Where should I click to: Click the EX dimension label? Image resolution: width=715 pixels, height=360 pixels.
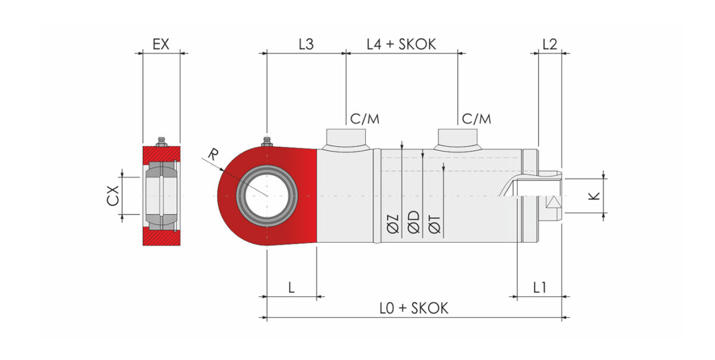(161, 44)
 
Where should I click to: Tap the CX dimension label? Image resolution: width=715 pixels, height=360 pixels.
(113, 195)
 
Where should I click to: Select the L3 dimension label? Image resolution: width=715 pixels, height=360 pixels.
(306, 44)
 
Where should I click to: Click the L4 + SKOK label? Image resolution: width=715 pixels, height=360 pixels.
(401, 44)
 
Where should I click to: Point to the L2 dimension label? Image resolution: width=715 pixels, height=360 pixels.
(549, 44)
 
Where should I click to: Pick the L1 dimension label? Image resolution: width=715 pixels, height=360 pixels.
(540, 288)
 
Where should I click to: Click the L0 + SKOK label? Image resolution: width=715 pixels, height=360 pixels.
(414, 308)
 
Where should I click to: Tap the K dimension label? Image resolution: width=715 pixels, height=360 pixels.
(593, 195)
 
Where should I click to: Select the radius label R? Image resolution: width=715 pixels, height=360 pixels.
(213, 154)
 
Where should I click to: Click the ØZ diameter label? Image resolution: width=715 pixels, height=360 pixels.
(393, 224)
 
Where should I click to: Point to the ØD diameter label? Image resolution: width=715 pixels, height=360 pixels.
(414, 222)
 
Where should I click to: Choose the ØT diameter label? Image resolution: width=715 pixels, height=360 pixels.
(435, 224)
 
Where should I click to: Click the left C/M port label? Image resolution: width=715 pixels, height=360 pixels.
(365, 119)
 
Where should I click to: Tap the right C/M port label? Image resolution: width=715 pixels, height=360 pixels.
(476, 119)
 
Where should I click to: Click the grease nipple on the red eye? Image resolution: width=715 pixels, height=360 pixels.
(267, 141)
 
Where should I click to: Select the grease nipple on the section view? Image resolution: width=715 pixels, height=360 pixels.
(161, 141)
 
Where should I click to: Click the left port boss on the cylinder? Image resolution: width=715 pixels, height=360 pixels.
(346, 140)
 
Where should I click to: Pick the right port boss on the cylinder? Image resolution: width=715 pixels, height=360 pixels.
(458, 140)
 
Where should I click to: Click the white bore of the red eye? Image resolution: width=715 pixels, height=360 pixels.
(267, 196)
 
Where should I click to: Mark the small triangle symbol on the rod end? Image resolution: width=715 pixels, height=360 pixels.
(554, 202)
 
